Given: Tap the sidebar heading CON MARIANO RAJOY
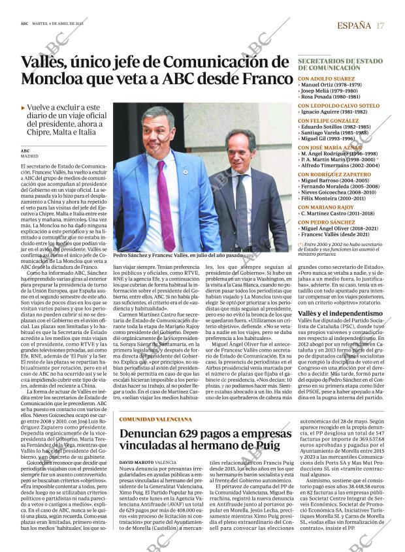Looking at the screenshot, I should tap(326, 207).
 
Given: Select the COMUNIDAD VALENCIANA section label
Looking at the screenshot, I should tap(155, 418).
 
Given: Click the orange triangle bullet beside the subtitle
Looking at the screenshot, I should tap(24, 107).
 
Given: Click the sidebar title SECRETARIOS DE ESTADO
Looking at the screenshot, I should tap(340, 60).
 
